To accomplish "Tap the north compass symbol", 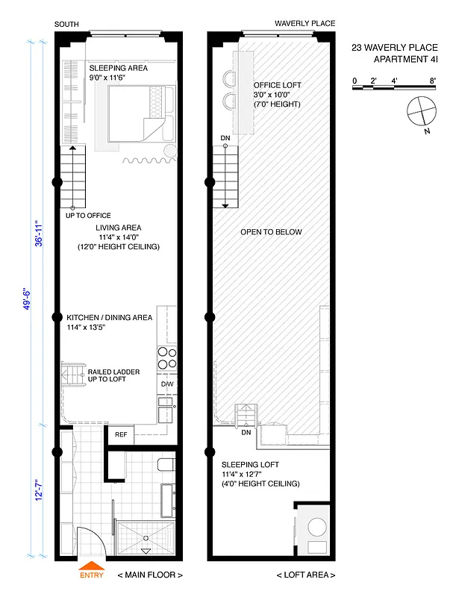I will click(420, 112).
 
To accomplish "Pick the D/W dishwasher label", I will click(167, 385).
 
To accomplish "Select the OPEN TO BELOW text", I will click(271, 232).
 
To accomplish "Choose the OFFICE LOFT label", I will click(277, 85).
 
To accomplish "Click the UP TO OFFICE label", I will click(88, 216).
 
